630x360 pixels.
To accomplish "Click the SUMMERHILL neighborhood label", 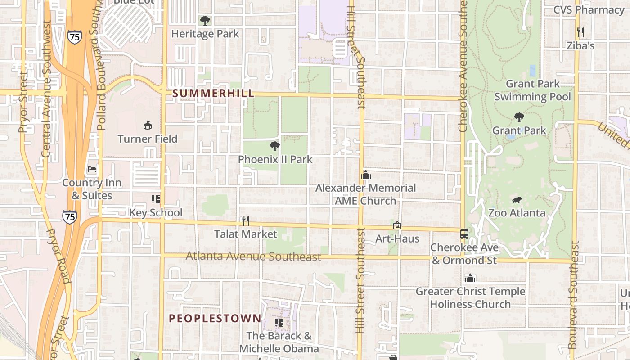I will coord(213,93).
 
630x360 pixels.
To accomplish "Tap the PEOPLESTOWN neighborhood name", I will coord(215,318).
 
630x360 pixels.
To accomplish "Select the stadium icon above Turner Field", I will coord(148,125).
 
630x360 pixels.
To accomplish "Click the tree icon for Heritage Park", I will coord(205,20).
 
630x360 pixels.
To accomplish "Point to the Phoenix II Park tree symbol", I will coord(275,146).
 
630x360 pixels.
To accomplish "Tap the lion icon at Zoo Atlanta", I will coord(517,200).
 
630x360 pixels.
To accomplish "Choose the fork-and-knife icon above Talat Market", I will coord(246,220).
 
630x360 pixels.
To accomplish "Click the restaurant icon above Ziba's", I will coord(580,32).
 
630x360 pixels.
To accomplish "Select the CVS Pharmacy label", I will coord(588,9).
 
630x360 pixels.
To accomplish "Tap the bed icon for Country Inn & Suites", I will coord(92,170).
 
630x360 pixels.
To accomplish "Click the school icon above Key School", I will coord(156,199).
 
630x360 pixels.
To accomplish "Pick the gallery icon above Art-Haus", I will coord(397,225).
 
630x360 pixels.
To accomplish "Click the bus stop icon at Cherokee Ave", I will coord(464,234).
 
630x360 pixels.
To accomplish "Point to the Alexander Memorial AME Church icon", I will coord(366,175).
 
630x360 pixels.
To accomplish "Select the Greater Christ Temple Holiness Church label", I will coord(470,297).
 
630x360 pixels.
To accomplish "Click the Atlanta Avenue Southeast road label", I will coord(253,256).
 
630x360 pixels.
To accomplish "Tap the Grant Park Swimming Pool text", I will coord(533,90).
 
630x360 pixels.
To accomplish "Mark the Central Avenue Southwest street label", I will coord(46,89).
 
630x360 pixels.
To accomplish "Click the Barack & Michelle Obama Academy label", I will coord(279,342).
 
